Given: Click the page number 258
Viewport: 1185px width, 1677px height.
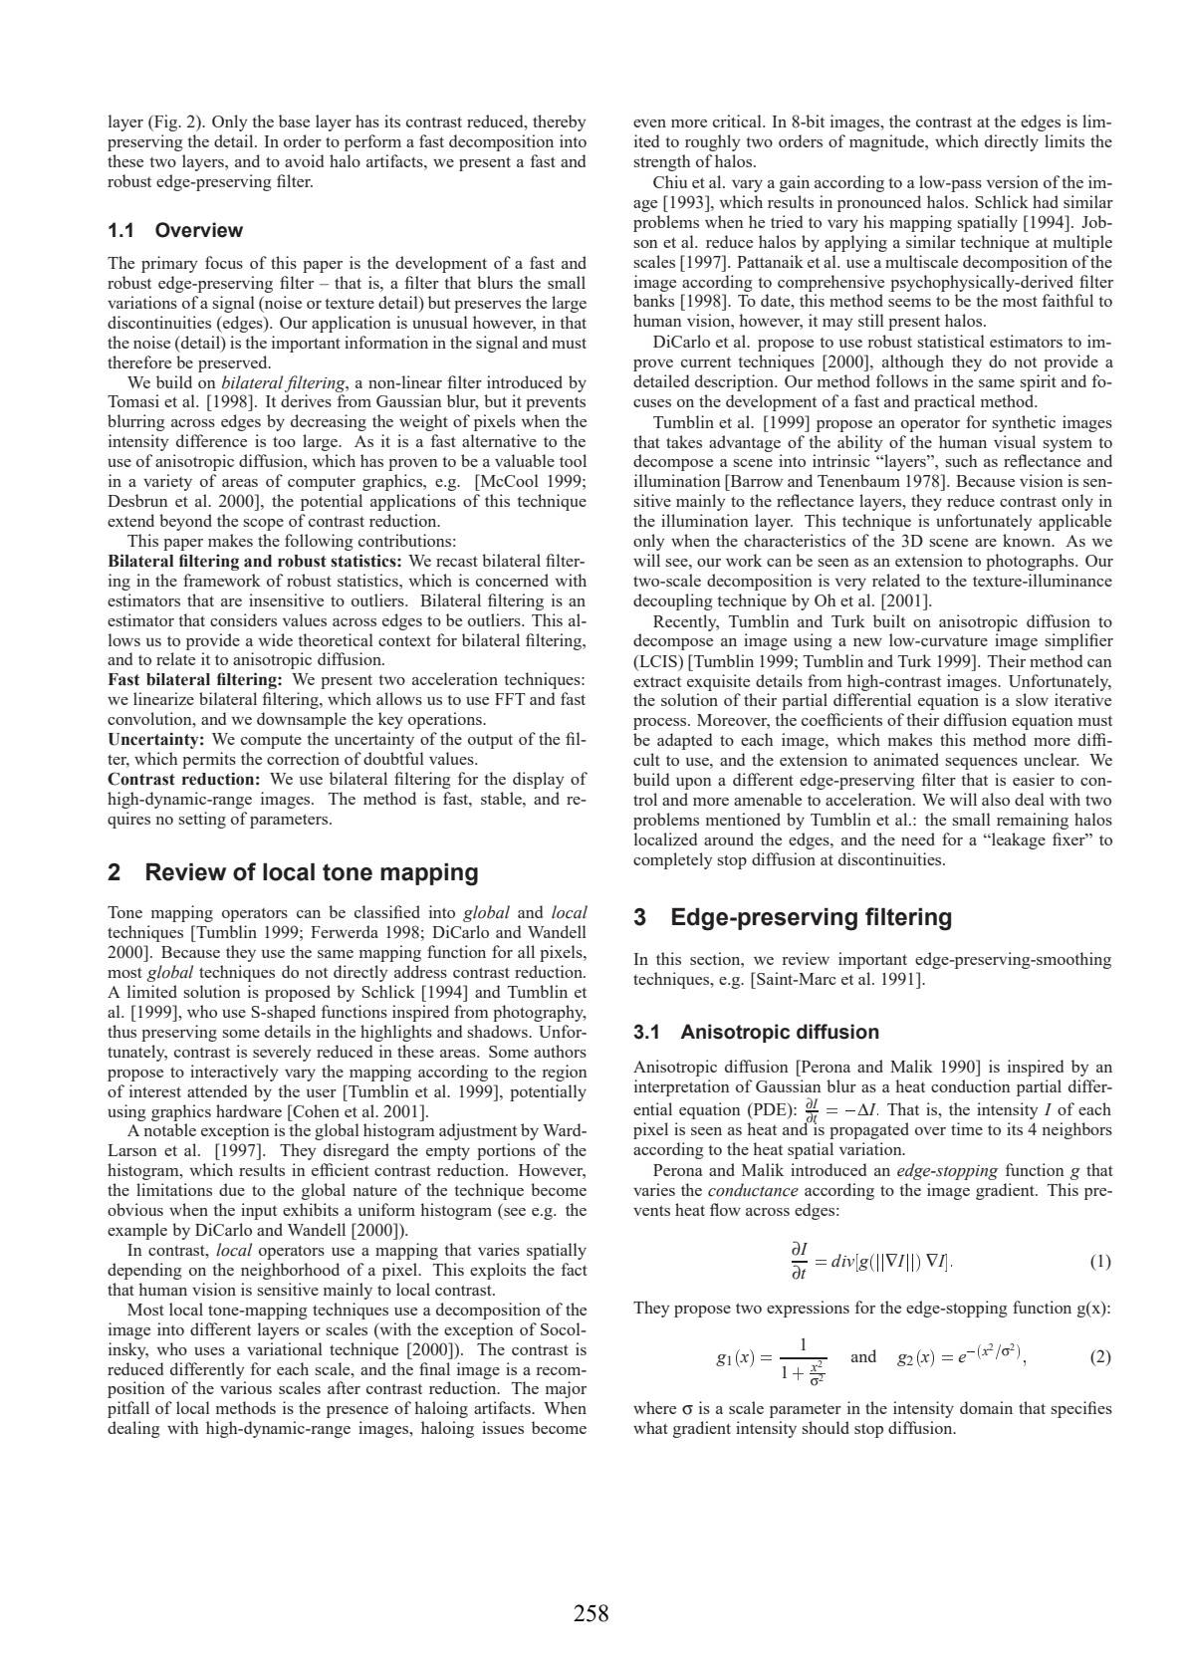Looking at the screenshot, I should pos(591,1613).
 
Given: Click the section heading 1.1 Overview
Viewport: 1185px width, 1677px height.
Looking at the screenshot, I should pos(174,230).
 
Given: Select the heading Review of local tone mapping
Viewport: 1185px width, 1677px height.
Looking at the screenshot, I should pos(292,872).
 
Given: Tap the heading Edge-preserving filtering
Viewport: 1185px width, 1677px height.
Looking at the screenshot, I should pos(793,917).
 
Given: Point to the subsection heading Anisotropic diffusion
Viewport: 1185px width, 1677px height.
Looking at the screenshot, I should pos(757,1032).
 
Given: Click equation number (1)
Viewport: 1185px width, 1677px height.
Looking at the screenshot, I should pos(1100,1262).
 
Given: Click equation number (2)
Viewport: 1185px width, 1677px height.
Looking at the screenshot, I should pos(1100,1356).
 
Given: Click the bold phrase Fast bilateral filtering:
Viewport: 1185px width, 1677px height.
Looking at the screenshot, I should pos(195,679).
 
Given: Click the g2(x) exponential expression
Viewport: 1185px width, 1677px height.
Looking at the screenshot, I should pos(961,1356).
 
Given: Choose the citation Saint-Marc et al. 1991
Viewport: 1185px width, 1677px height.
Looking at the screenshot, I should pos(836,980).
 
